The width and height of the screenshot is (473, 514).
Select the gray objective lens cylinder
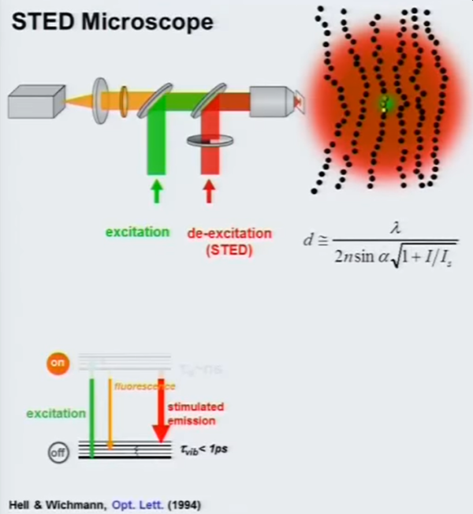click(271, 101)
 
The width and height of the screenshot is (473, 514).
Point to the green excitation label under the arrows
click(138, 232)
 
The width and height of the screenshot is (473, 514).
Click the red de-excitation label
click(229, 233)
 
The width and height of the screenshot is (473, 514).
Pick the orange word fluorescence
click(144, 386)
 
